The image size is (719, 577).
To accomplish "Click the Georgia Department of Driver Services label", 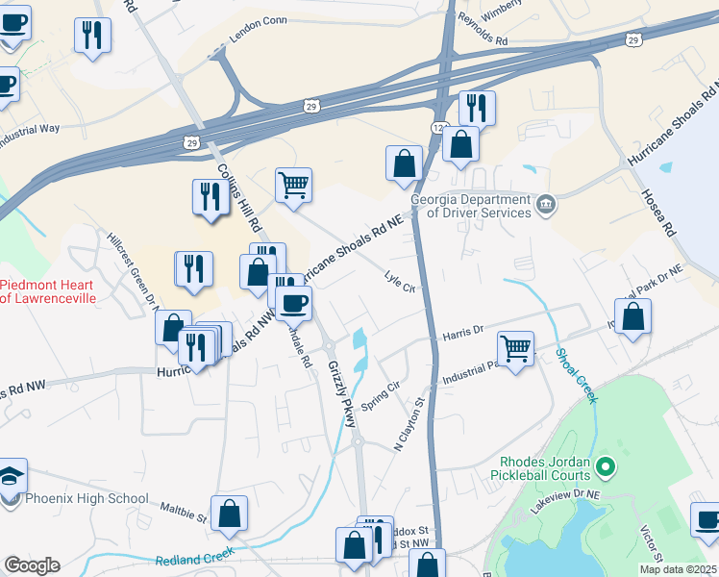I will coord(470,206).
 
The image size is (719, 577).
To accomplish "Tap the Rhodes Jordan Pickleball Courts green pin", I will coord(605,468).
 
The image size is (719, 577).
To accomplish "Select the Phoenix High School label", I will coord(87,498).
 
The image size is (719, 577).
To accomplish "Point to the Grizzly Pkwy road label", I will coord(341,394).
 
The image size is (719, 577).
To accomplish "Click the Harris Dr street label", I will coord(462,334).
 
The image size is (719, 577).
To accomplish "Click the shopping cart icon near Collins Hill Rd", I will coord(293,183).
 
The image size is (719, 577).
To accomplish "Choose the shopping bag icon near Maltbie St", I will coord(230,514).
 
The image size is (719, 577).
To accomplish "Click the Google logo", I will coord(33,564).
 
